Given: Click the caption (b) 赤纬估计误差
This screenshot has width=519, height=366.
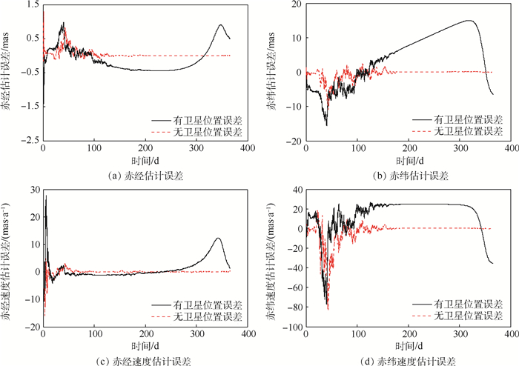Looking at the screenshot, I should tap(405, 176).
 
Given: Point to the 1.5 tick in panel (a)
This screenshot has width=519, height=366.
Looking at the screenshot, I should tap(33, 4).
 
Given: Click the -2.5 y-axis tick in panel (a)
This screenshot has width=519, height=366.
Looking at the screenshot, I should tap(30, 140).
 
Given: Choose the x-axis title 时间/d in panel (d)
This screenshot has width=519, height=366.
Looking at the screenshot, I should tap(406, 345).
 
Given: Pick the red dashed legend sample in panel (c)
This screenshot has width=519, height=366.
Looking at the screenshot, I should tap(165, 316).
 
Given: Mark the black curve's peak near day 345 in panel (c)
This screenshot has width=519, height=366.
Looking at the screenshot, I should tap(218, 238).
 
